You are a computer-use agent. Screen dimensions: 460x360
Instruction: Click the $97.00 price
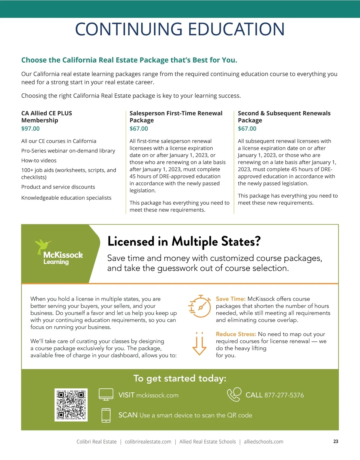(x=30, y=129)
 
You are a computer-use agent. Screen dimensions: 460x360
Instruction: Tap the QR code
(x=71, y=405)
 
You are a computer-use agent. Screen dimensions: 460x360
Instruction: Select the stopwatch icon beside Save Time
(x=200, y=307)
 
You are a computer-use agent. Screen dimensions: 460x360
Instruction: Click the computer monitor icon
(x=106, y=395)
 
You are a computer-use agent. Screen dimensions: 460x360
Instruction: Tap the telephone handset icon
(x=234, y=394)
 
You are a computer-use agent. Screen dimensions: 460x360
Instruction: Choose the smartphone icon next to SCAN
(x=106, y=415)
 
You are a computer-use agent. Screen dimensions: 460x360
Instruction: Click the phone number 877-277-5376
(x=284, y=395)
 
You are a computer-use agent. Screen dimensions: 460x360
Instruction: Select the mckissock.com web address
(x=157, y=396)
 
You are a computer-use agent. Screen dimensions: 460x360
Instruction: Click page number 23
(x=336, y=441)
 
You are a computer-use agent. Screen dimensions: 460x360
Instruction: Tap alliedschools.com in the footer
(x=263, y=442)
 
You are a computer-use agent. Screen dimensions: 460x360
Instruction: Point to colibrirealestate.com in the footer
(x=148, y=442)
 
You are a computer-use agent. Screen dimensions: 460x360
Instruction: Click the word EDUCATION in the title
(x=236, y=29)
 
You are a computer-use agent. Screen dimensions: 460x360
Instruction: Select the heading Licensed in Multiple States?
(x=184, y=242)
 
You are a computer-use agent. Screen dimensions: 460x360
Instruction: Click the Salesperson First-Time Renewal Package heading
(x=176, y=117)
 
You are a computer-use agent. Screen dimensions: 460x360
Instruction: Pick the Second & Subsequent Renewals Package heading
(x=284, y=117)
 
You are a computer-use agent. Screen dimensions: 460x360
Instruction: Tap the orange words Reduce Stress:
(x=236, y=334)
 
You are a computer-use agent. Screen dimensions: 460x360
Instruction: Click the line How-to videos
(x=39, y=161)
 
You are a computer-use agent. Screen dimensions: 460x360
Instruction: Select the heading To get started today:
(x=180, y=378)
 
